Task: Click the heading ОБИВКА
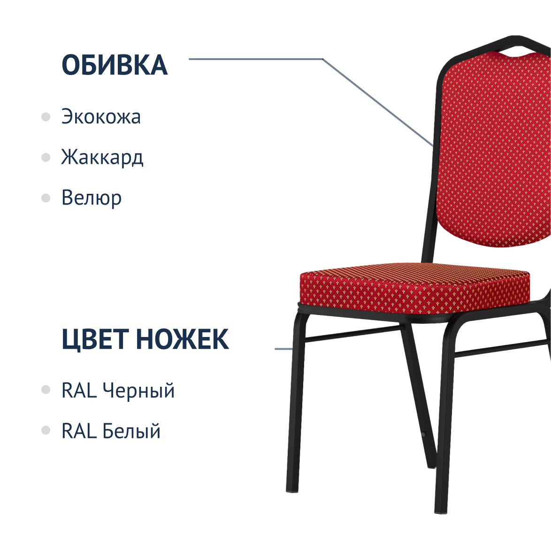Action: click(115, 65)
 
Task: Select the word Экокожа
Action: click(101, 116)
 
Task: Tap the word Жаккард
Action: click(102, 157)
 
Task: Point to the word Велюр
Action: click(92, 198)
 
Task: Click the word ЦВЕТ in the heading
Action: click(94, 339)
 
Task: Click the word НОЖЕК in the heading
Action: click(183, 339)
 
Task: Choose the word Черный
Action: click(138, 390)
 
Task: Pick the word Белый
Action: click(131, 431)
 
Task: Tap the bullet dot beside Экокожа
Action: click(46, 117)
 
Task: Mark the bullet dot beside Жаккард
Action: click(46, 157)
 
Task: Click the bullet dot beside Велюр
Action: click(46, 198)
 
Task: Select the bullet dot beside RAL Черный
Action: click(46, 390)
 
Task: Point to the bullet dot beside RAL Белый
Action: click(46, 430)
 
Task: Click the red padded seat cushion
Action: click(414, 287)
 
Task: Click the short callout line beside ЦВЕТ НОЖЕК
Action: click(283, 349)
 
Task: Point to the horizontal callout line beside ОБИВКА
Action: click(256, 59)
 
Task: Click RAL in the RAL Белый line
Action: click(79, 431)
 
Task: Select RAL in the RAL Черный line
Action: click(79, 390)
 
